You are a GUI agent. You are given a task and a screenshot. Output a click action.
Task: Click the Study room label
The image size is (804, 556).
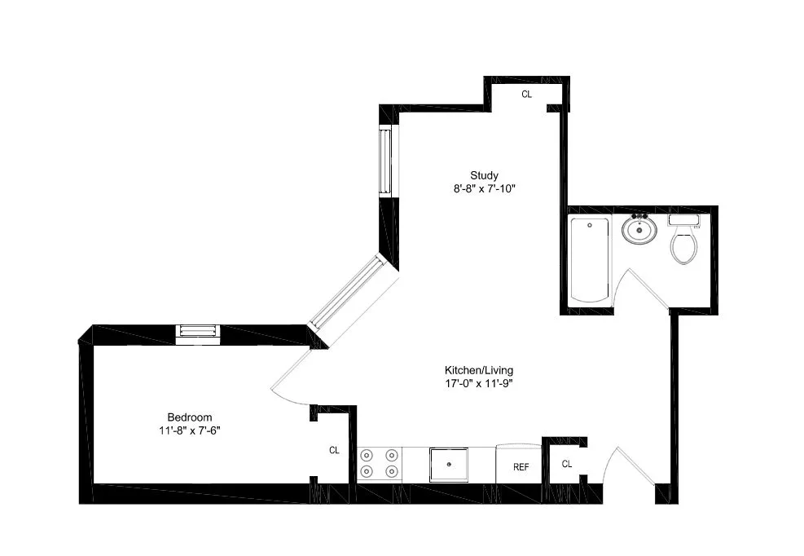484,175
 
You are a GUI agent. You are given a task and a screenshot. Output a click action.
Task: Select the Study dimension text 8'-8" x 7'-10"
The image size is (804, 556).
484,188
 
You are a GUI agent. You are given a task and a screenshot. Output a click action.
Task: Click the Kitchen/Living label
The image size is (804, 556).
478,369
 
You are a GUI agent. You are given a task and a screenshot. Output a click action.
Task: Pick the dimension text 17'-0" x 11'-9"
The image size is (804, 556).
478,382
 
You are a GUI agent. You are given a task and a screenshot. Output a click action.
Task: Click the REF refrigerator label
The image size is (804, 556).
521,467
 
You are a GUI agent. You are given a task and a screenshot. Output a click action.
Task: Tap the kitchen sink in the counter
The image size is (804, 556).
449,464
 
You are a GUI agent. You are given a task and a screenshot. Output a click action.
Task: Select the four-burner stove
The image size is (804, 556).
380,463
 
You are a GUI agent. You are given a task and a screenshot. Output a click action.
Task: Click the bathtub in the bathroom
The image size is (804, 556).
589,260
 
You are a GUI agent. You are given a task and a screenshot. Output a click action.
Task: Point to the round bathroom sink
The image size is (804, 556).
639,229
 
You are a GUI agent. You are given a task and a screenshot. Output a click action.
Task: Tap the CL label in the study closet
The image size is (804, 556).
526,95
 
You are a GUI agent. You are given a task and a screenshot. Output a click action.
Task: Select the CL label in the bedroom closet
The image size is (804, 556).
334,450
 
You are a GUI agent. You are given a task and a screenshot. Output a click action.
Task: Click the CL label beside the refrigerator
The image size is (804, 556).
566,464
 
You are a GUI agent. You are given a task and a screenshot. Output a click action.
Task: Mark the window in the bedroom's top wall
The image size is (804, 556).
198,331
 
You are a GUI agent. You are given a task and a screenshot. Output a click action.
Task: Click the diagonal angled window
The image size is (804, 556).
351,292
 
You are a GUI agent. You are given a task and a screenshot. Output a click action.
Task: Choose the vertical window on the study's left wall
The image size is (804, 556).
385,161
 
